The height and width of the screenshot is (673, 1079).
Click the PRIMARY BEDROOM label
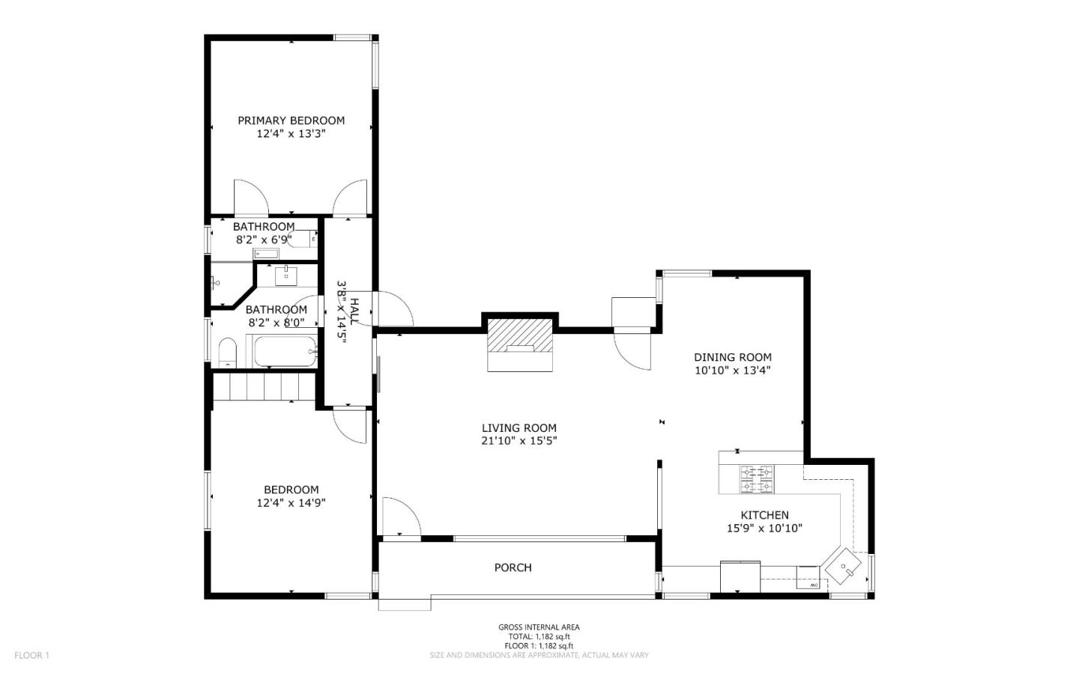click(x=291, y=121)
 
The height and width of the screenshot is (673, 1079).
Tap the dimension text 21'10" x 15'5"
click(x=519, y=441)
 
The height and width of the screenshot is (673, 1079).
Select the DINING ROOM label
click(x=732, y=357)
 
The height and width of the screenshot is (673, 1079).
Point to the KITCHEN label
click(x=764, y=515)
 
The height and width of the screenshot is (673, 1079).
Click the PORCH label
click(x=513, y=567)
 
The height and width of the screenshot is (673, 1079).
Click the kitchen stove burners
click(x=757, y=480)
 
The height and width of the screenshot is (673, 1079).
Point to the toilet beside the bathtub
click(x=227, y=353)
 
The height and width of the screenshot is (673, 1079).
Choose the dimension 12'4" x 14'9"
click(x=291, y=503)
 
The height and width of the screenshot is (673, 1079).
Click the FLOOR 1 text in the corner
click(x=31, y=656)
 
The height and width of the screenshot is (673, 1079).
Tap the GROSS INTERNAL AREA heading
click(x=539, y=627)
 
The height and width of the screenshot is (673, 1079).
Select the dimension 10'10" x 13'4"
click(x=732, y=370)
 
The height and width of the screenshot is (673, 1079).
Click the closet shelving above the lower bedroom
click(x=264, y=388)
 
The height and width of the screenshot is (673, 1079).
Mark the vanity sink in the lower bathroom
click(x=286, y=275)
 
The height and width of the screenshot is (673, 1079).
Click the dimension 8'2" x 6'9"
click(x=263, y=240)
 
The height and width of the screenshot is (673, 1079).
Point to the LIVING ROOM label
click(x=519, y=428)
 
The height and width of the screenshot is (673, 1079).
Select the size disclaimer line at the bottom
click(x=539, y=655)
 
